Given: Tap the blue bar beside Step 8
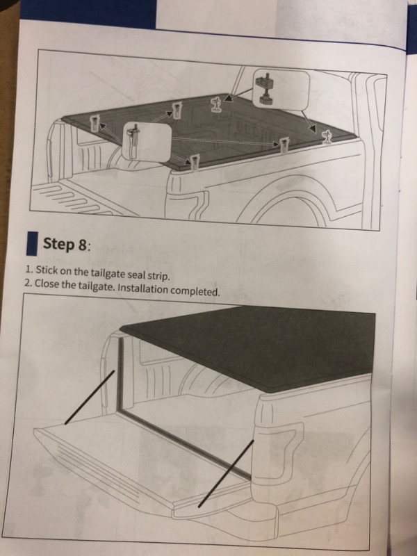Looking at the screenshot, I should [31, 244].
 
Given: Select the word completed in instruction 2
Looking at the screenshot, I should [197, 291].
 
